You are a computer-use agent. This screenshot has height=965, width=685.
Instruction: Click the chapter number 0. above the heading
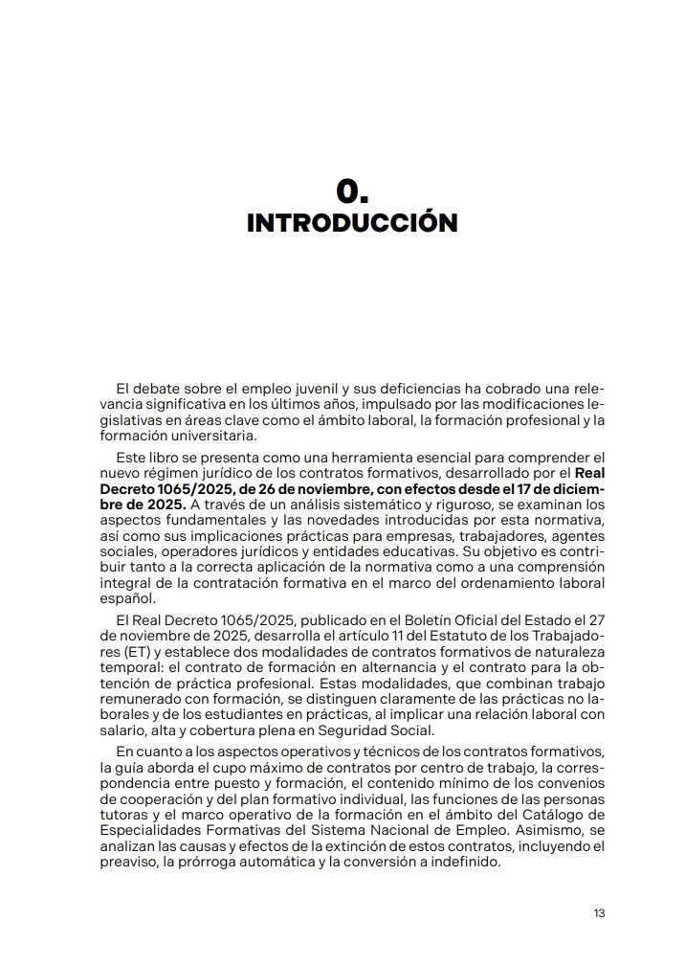[x=352, y=191]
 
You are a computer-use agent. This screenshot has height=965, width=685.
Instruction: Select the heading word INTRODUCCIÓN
[x=352, y=223]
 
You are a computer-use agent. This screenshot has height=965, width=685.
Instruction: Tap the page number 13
[x=599, y=912]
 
